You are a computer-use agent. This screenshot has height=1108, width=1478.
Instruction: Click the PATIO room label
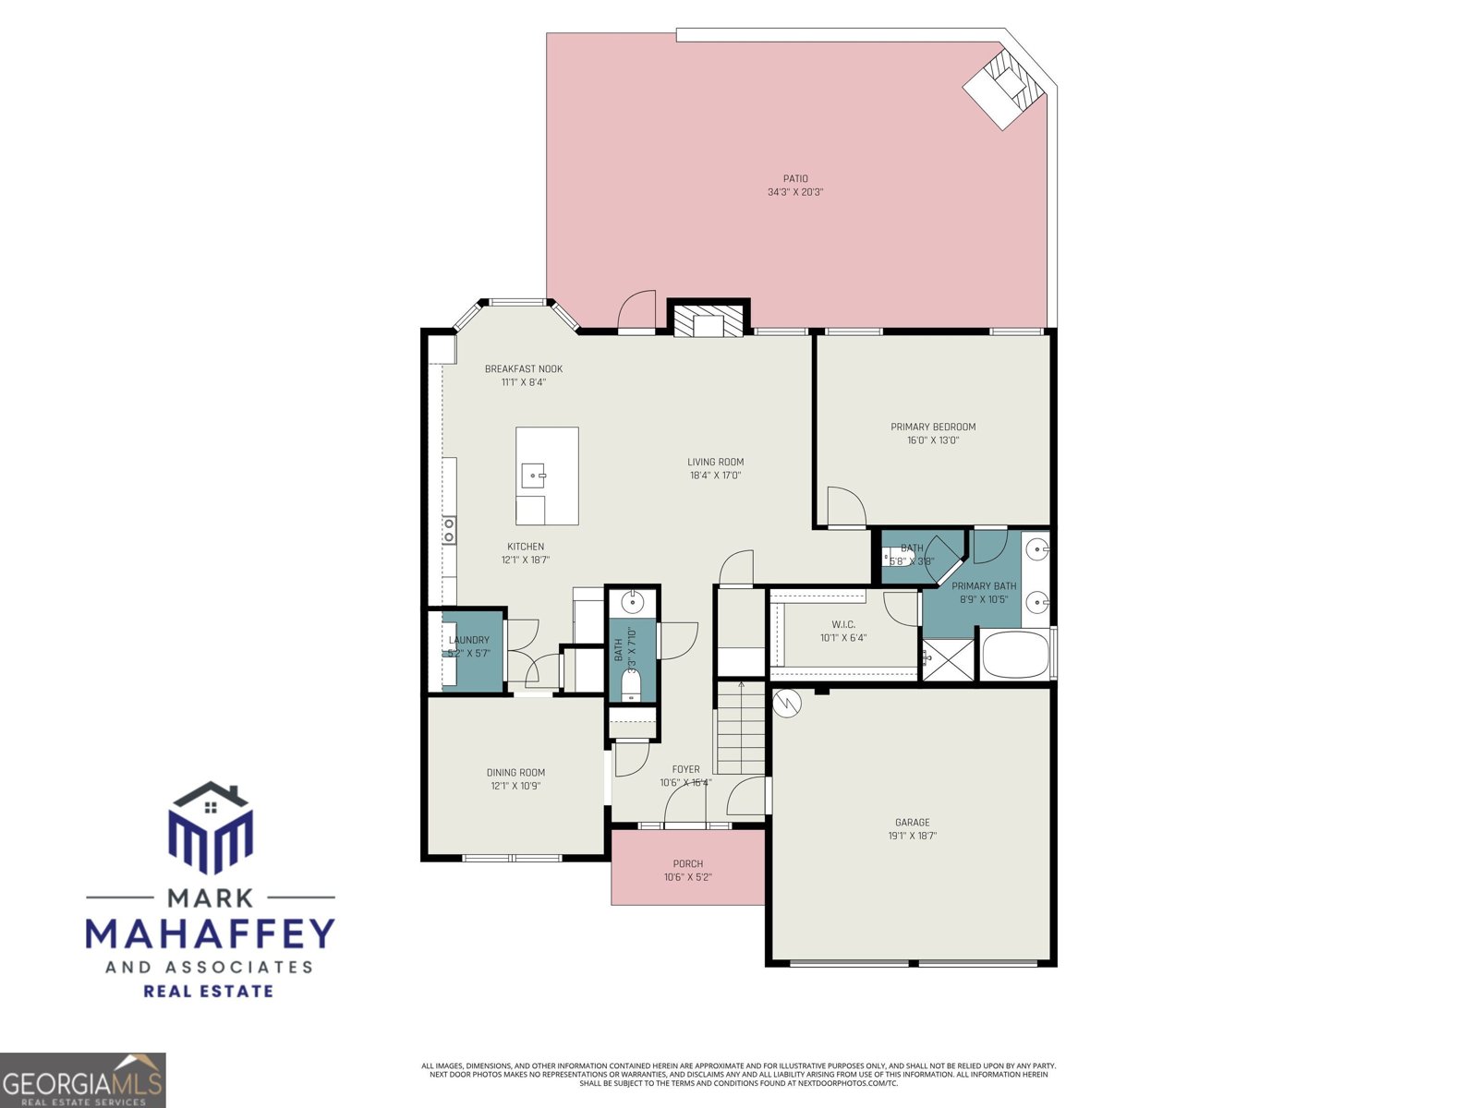tap(795, 179)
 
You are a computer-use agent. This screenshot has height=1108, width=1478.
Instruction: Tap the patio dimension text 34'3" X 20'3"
tap(795, 193)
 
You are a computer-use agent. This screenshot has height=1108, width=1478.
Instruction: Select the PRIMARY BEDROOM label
tap(933, 427)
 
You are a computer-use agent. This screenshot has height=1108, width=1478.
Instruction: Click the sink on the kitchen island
tap(534, 476)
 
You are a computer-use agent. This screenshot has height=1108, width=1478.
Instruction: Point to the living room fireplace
tap(709, 319)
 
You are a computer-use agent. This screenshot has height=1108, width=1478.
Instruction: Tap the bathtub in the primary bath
tap(1015, 655)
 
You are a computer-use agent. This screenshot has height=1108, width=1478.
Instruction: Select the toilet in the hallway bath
tap(632, 685)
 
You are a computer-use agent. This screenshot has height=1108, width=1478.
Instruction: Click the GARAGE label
tap(912, 823)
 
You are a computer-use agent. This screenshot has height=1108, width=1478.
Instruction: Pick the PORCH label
tap(687, 864)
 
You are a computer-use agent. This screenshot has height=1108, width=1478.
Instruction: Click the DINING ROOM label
tap(515, 773)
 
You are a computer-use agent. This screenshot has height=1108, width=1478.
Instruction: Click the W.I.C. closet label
tap(843, 625)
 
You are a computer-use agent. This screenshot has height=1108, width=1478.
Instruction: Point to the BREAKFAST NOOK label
tap(524, 369)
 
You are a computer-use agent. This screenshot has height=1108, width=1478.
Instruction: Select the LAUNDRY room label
tap(469, 640)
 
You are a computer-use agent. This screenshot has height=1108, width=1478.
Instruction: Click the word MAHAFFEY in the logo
tap(210, 933)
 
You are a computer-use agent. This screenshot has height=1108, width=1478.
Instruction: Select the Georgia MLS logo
tap(83, 1080)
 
